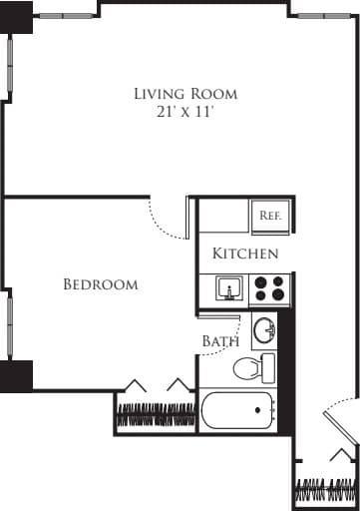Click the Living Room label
[185, 94]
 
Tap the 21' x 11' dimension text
[184, 112]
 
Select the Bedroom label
[101, 284]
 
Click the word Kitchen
[245, 254]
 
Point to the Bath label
[220, 341]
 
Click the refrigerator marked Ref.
[270, 216]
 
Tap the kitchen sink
[229, 288]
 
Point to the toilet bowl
[246, 368]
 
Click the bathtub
[237, 410]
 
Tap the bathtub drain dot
[257, 410]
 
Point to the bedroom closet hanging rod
[156, 414]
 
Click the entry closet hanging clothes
[326, 488]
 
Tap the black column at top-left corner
[16, 17]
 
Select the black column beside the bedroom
[16, 376]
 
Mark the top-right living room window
[324, 16]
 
